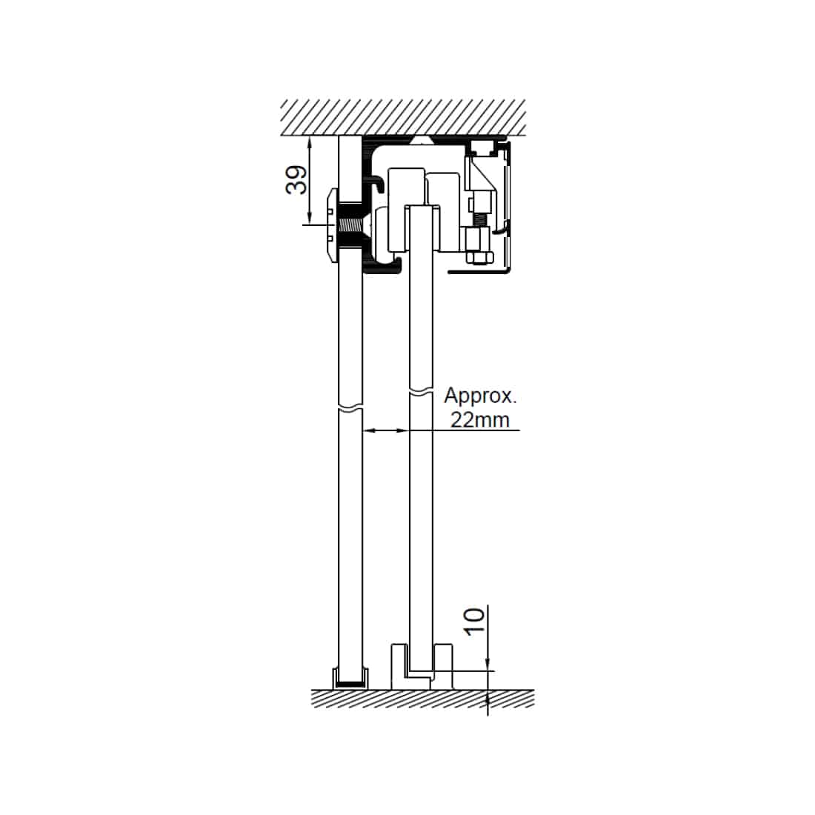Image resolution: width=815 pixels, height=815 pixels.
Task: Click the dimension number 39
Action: [x=296, y=180]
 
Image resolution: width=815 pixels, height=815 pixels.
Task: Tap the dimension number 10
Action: [x=474, y=621]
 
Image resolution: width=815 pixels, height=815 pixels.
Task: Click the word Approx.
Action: [x=480, y=396]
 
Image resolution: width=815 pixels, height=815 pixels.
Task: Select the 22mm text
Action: [x=480, y=419]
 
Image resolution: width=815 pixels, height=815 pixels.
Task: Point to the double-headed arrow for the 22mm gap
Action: [x=385, y=430]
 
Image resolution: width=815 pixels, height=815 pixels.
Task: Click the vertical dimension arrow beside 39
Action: [x=310, y=180]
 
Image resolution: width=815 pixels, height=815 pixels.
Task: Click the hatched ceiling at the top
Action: [x=403, y=118]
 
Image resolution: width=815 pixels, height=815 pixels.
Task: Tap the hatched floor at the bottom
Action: [x=422, y=699]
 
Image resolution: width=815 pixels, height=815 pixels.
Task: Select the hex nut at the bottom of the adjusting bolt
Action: [x=476, y=258]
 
